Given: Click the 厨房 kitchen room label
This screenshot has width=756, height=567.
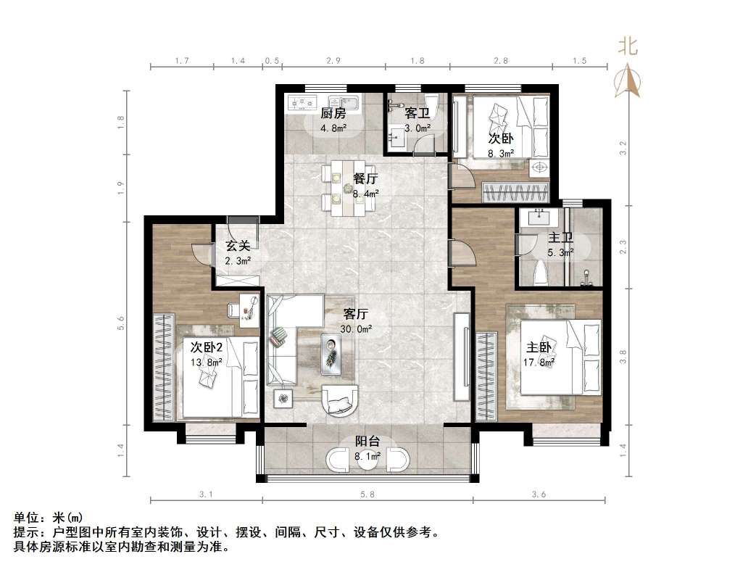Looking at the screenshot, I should [333, 113].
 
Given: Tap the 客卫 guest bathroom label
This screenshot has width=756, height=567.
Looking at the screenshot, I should [416, 113].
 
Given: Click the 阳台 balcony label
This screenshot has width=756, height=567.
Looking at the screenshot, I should [367, 441].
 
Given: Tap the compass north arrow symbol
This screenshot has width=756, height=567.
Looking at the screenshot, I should [628, 80].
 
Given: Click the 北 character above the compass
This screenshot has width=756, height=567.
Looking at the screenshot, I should [628, 48].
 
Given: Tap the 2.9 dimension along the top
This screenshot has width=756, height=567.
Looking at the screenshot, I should [333, 61].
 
